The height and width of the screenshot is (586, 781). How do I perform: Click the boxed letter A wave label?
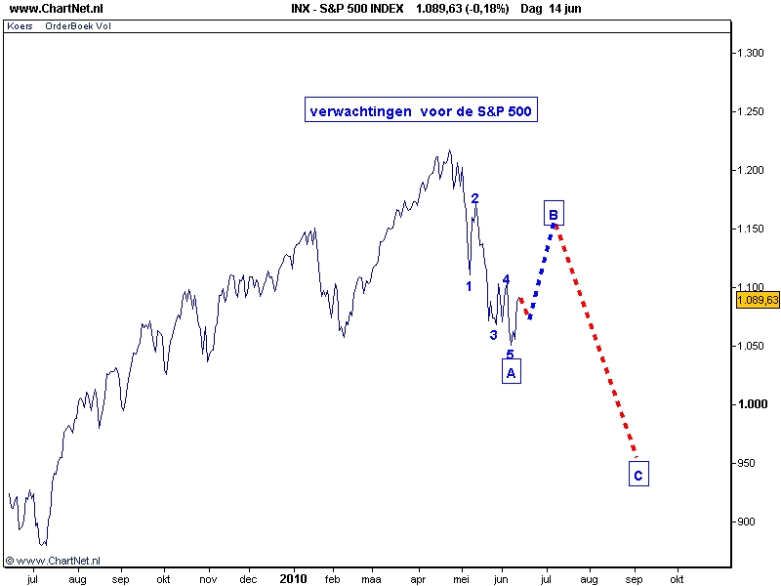point(512,371)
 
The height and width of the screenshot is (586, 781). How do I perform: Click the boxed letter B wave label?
point(553,214)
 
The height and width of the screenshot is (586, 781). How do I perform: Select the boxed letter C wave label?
point(638,476)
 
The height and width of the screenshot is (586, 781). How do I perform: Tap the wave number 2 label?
point(474,198)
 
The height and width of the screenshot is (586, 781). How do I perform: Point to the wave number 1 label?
point(469,286)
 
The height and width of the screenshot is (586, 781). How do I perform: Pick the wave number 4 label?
point(506,279)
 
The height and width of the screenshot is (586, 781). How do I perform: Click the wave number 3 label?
point(493,334)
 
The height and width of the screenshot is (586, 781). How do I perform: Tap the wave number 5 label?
point(510,354)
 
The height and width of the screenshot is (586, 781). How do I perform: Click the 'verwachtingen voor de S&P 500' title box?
point(420,111)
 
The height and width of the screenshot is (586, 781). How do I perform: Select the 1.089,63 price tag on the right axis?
point(759,300)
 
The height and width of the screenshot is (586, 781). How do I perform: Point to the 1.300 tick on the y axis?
point(751,53)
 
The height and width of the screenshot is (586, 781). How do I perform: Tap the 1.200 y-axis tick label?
point(751,170)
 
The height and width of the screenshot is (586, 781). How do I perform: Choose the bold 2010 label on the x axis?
point(293,578)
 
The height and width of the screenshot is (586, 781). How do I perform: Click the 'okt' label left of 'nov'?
point(164,578)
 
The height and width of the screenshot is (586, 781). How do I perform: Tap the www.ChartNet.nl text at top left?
point(43,9)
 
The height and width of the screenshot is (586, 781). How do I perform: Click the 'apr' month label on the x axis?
point(420,578)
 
